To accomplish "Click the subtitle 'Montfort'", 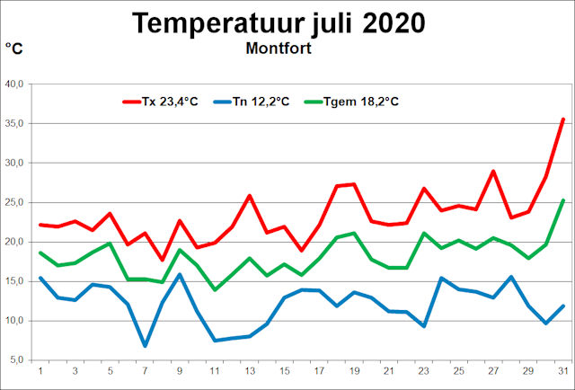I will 279,49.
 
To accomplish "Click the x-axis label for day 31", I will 562,371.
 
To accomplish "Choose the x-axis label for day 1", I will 40,371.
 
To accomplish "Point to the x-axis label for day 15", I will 284,371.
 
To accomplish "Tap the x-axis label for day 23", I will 423,371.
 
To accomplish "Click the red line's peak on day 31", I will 562,119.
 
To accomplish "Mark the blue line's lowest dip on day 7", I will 145,345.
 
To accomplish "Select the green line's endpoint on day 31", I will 562,200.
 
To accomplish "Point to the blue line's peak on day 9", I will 180,274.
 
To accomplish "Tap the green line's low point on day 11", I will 215,289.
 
